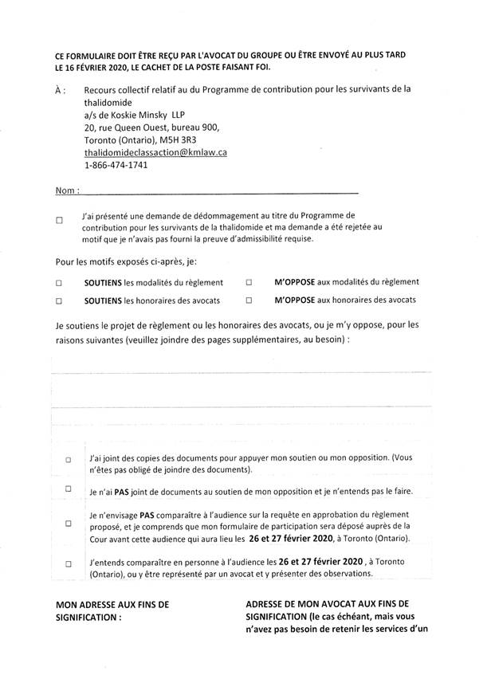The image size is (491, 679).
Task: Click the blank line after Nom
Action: coord(220,192)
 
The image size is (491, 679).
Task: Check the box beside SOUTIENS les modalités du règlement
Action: coord(59,283)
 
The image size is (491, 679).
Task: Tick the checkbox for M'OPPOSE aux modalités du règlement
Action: coord(249,282)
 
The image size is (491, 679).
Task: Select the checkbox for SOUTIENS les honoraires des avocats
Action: coord(59,301)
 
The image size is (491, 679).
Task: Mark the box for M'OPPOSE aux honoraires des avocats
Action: coord(249,301)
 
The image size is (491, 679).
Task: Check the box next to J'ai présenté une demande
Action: coord(59,222)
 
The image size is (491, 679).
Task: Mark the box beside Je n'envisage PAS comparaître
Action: coord(69,524)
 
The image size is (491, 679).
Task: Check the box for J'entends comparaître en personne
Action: coord(69,563)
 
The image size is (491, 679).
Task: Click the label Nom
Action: coord(65,192)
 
